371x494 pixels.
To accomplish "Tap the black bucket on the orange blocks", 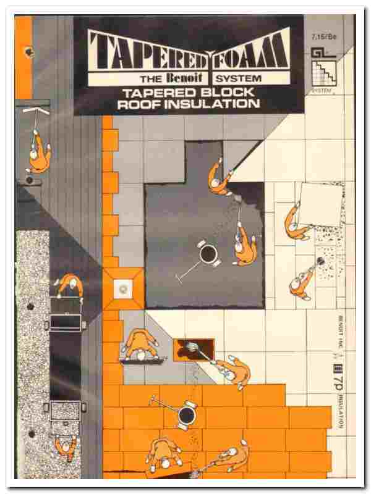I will tap(185, 417).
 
